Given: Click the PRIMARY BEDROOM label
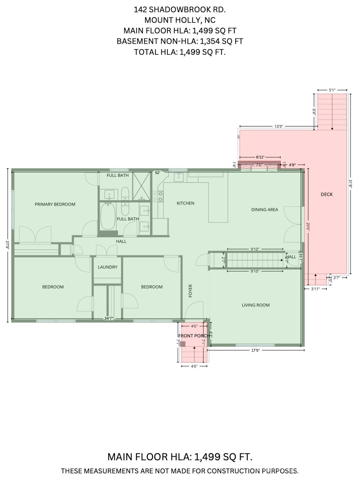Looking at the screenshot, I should (x=55, y=204).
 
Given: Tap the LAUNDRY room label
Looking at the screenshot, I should (x=107, y=267).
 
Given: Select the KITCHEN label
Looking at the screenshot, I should (x=186, y=203).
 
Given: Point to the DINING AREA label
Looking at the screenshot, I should (x=264, y=210).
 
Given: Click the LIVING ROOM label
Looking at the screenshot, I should (x=256, y=305).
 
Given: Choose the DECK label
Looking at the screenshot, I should (x=327, y=194).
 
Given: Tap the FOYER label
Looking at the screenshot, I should (x=190, y=291).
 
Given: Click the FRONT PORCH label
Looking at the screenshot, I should (x=194, y=336).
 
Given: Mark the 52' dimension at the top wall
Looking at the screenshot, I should (x=157, y=172).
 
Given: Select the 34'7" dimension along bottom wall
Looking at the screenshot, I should (x=109, y=318).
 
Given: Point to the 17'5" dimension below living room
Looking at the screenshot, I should (x=256, y=350).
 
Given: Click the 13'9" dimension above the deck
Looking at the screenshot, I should (x=279, y=127).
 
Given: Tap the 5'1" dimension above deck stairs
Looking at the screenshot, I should (x=332, y=90).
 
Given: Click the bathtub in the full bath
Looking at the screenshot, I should (x=108, y=216).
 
